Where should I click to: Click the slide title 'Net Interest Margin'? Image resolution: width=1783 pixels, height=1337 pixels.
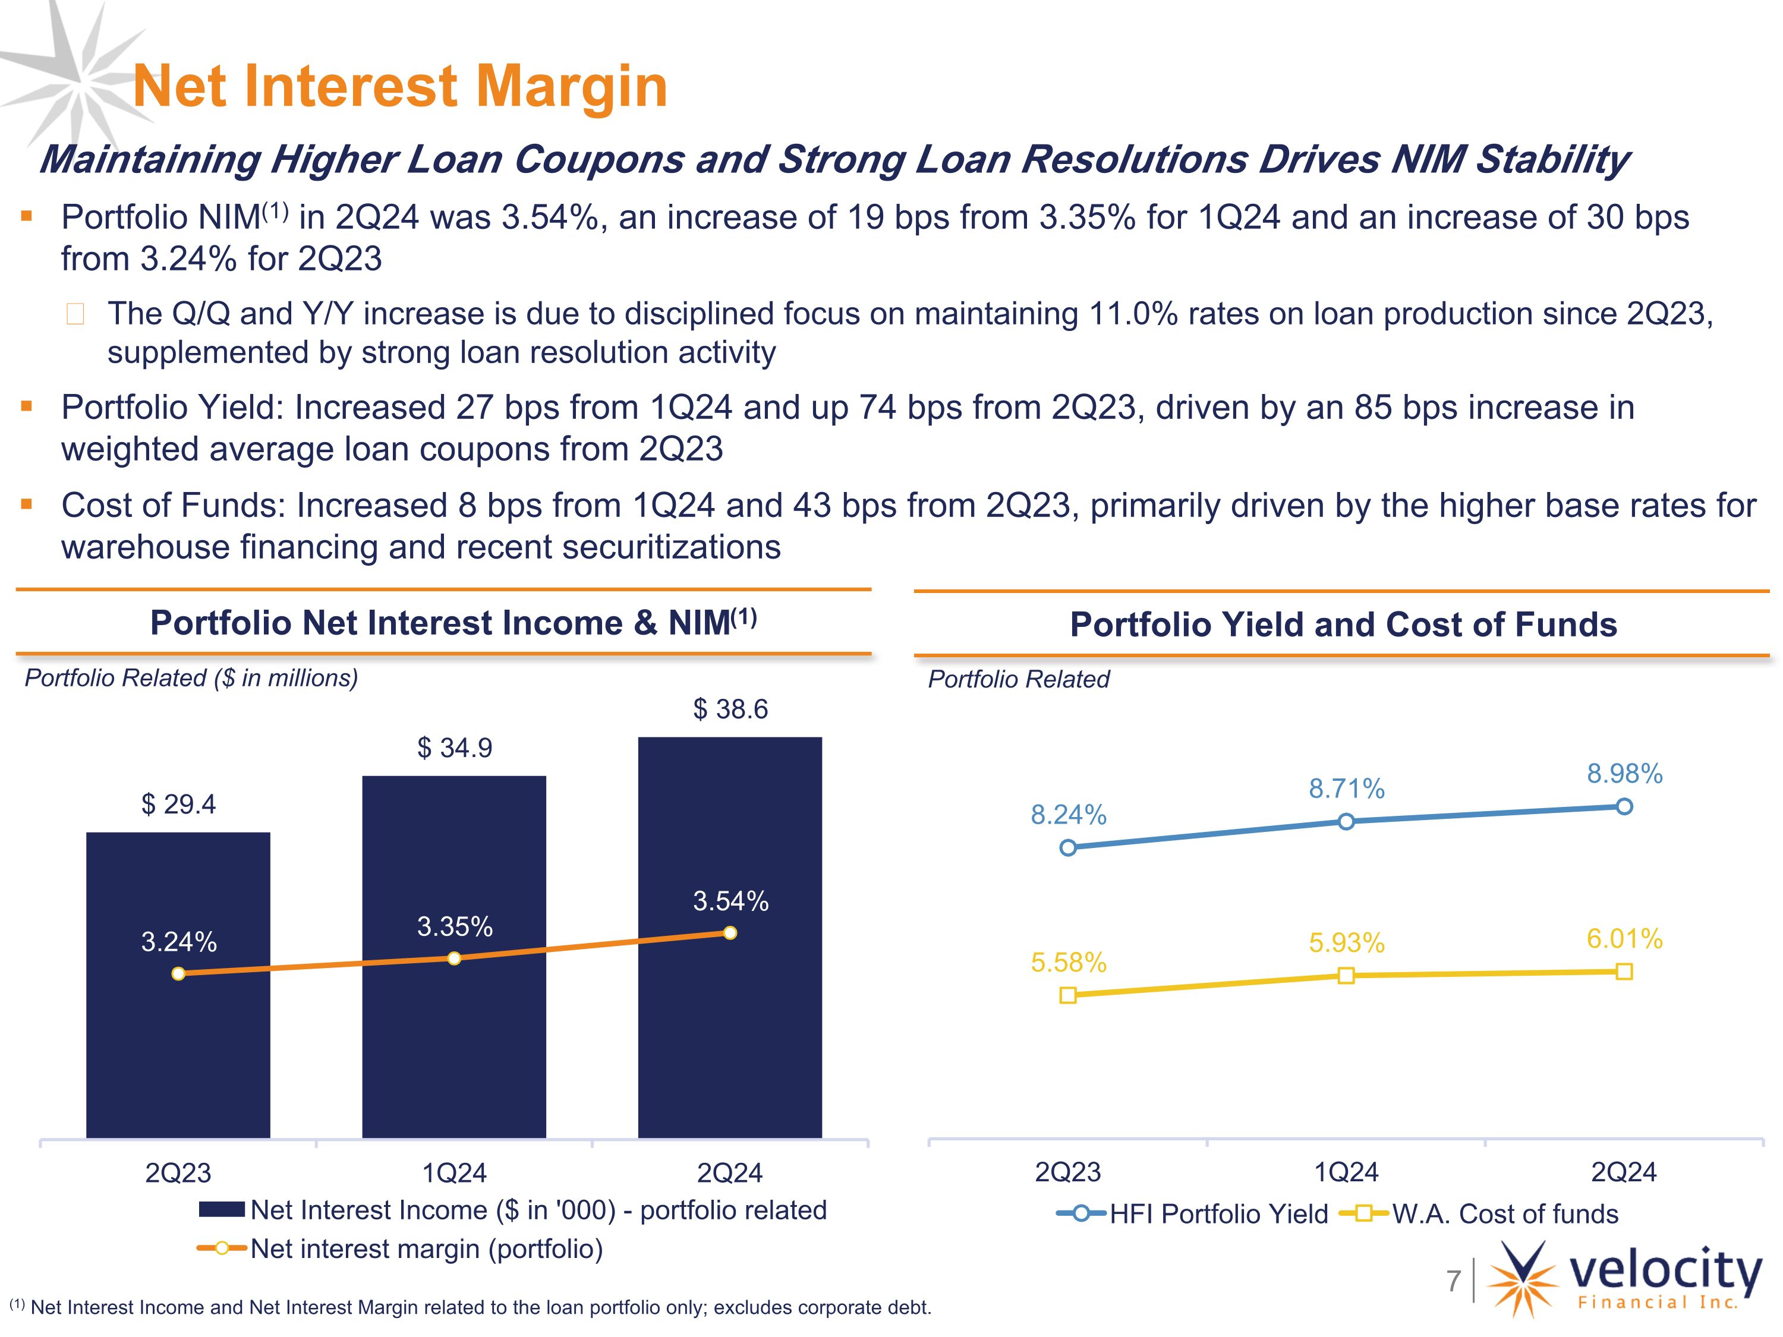click(401, 86)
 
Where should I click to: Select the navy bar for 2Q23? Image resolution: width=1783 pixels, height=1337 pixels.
click(178, 985)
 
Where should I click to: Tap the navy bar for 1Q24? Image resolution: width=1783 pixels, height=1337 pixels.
click(454, 957)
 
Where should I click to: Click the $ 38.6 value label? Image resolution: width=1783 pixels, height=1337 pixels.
click(730, 709)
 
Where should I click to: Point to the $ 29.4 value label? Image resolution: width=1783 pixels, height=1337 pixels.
click(178, 805)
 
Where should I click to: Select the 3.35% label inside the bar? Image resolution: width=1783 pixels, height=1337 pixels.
click(455, 927)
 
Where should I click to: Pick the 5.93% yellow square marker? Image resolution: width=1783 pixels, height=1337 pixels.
click(1346, 976)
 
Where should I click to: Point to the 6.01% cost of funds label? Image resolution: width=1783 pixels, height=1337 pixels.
click(1624, 939)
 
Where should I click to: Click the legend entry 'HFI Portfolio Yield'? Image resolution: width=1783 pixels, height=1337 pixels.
click(1192, 1213)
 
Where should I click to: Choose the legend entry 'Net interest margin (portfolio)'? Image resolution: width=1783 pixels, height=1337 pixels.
click(401, 1249)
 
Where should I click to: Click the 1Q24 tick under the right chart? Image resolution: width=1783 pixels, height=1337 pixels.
click(1346, 1172)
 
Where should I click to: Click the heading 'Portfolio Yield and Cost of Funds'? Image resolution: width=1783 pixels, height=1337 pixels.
click(1343, 625)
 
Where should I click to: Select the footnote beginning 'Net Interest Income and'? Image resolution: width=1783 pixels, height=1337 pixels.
click(470, 1307)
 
